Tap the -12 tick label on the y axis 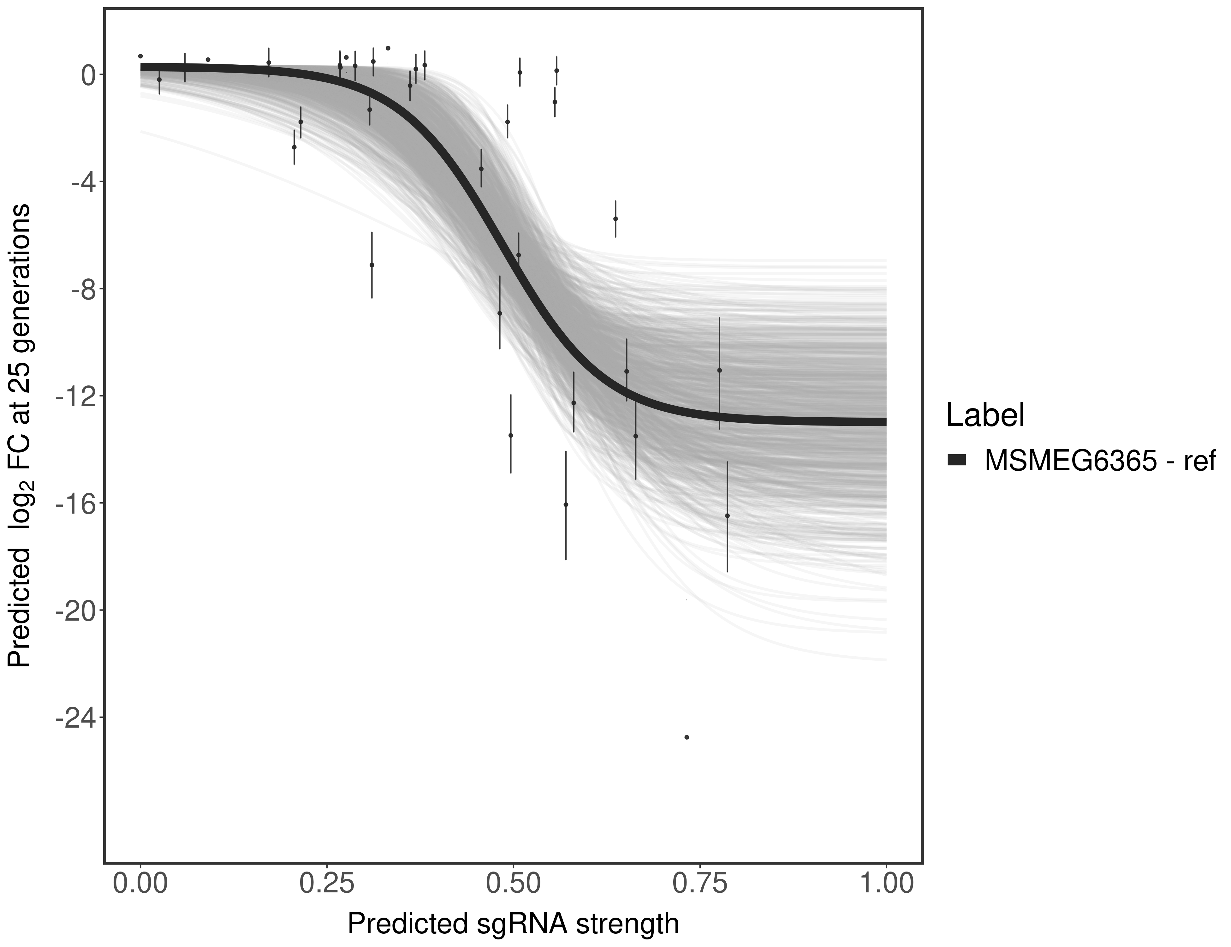point(73,396)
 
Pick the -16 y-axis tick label point(73,503)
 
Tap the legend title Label point(985,415)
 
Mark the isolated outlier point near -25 point(687,737)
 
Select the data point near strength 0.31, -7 point(372,265)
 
